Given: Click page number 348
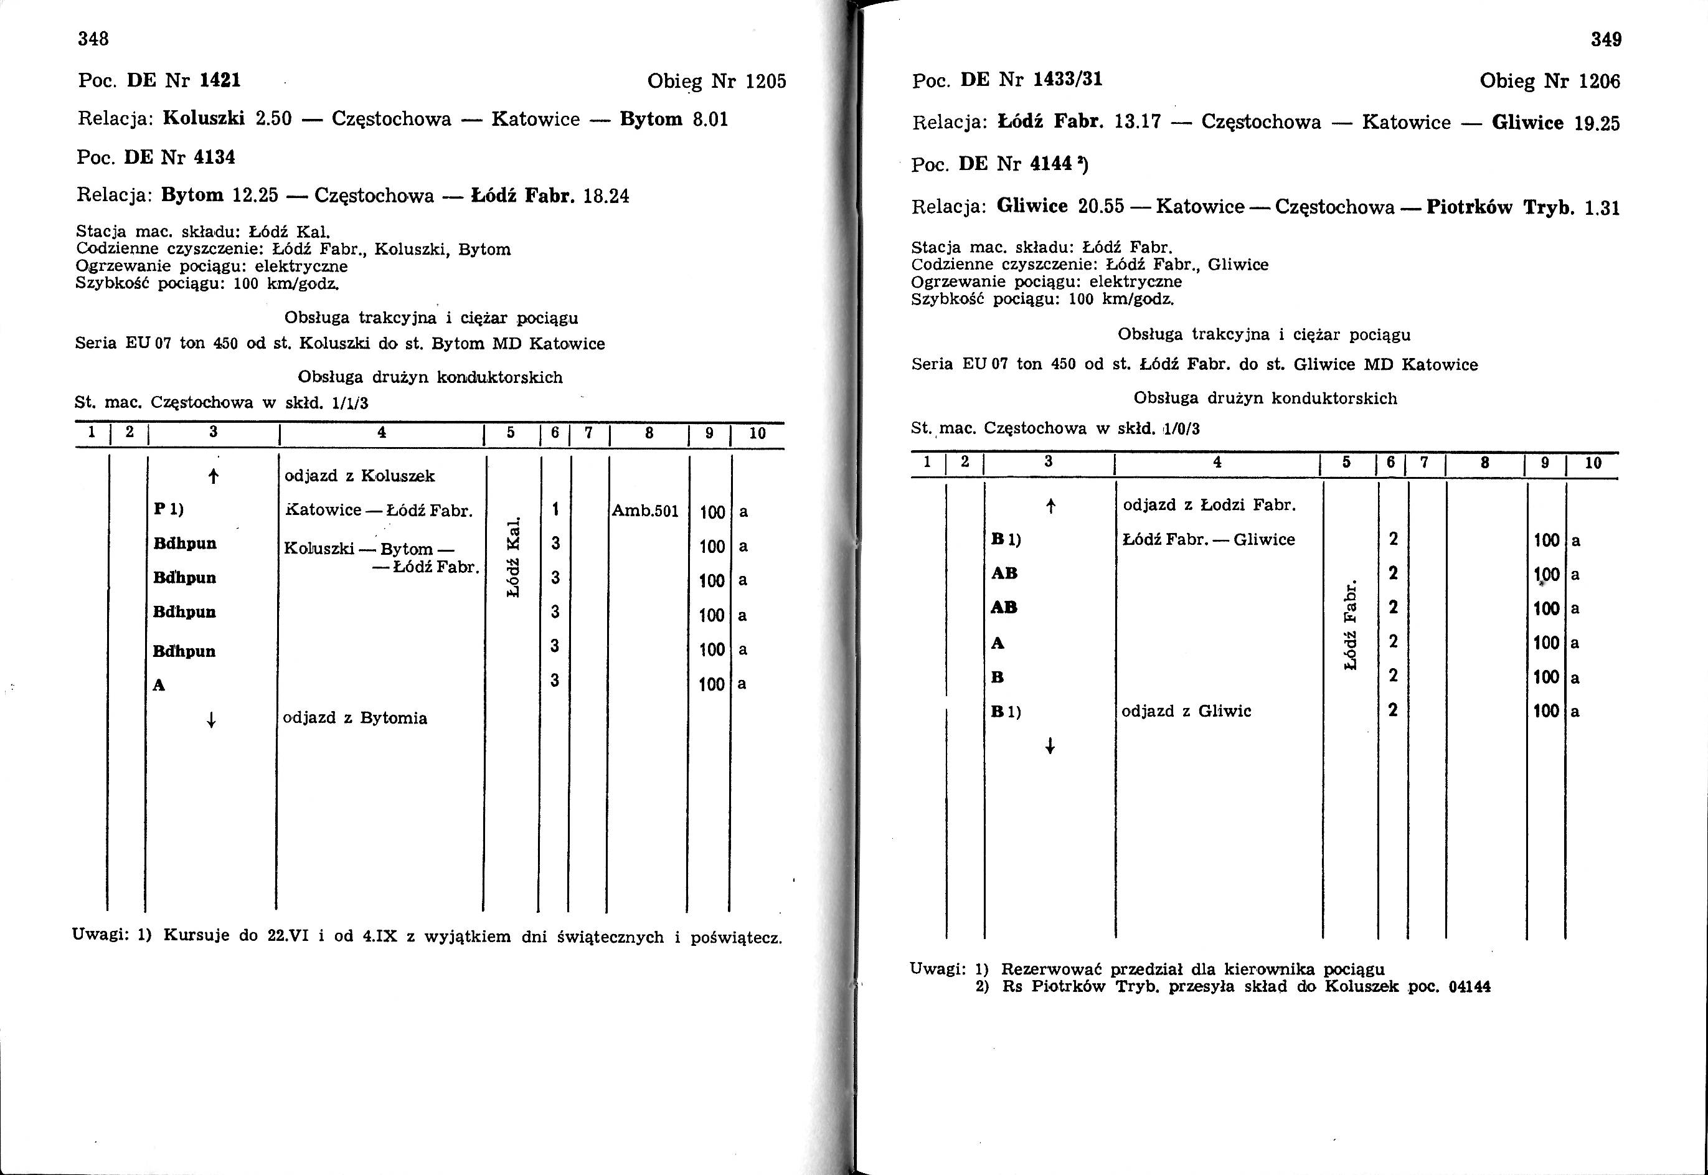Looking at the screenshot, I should [x=93, y=39].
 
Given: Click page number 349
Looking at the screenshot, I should [x=1606, y=40].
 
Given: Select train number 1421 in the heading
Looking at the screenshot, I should [x=220, y=80].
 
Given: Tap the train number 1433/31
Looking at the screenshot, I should [x=1067, y=80].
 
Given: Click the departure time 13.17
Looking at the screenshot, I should [x=1138, y=121].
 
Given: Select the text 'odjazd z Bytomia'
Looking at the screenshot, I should [x=355, y=718].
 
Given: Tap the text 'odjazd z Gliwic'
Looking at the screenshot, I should [x=1186, y=711].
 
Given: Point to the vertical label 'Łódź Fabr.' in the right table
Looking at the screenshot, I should [x=1349, y=625].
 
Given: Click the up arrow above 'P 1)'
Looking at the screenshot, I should [x=213, y=476].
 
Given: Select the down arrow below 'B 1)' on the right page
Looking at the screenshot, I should [x=1050, y=747].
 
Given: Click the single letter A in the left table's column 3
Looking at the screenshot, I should [x=158, y=686].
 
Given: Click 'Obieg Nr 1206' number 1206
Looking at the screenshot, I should [x=1599, y=82].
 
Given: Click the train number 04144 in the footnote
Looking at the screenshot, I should [x=1469, y=986].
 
